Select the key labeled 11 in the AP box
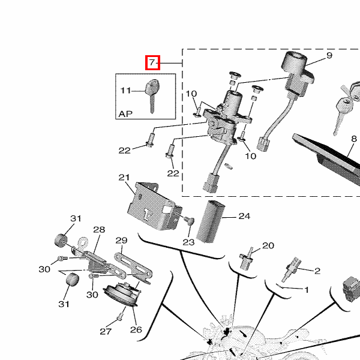[x=152, y=92]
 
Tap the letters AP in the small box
[x=125, y=113]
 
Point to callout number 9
[x=329, y=56]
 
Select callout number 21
[x=124, y=178]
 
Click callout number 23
[x=188, y=242]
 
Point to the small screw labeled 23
[x=191, y=221]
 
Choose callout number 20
[x=268, y=245]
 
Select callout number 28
[x=99, y=230]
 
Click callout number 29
[x=121, y=241]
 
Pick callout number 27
[x=106, y=332]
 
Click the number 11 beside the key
[x=125, y=91]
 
